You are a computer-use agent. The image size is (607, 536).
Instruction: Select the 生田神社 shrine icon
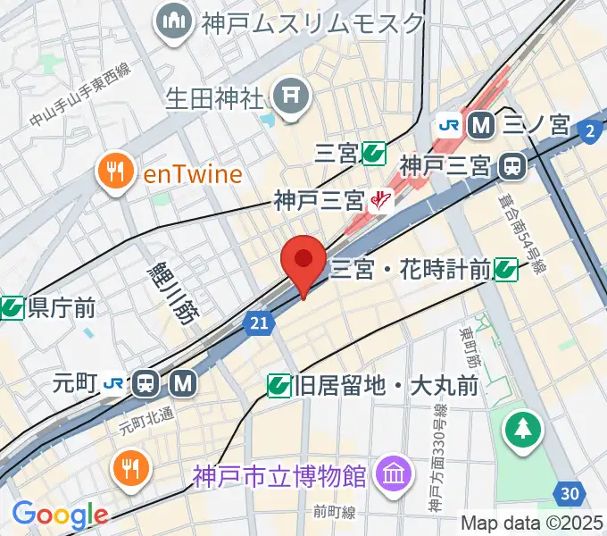point(291,92)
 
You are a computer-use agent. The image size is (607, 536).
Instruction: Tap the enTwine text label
point(193,172)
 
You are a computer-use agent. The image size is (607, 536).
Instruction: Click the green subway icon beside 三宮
point(374,155)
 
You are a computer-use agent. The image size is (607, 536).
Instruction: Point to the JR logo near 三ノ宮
point(448,126)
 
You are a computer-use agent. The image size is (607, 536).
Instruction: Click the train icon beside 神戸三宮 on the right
point(512,165)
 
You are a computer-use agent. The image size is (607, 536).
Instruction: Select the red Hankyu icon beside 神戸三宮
point(382,199)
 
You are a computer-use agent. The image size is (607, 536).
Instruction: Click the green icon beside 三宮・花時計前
point(506,267)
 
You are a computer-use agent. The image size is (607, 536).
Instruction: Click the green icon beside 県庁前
point(11,308)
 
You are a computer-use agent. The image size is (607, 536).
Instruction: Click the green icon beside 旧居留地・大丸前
point(279,385)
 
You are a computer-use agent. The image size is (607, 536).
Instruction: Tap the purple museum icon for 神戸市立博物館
point(391,471)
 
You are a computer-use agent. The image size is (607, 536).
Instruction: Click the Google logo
point(60,515)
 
